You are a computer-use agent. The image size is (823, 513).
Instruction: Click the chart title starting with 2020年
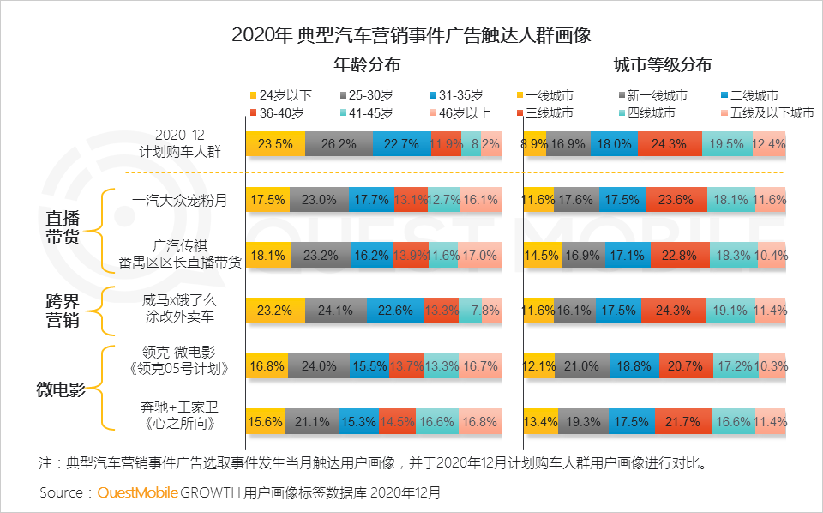(411, 35)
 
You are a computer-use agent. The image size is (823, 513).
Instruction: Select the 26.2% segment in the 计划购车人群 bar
(339, 144)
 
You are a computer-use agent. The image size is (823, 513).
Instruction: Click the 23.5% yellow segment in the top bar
(275, 144)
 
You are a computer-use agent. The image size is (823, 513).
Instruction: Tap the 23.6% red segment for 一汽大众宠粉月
(669, 200)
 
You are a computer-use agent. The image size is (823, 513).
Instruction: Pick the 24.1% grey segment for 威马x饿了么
(330, 311)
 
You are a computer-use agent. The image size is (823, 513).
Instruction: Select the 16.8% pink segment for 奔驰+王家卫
(479, 421)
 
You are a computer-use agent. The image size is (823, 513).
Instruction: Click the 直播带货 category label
(63, 226)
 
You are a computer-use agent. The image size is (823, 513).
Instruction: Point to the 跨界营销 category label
(63, 310)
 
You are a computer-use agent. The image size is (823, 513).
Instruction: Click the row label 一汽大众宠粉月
(178, 200)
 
